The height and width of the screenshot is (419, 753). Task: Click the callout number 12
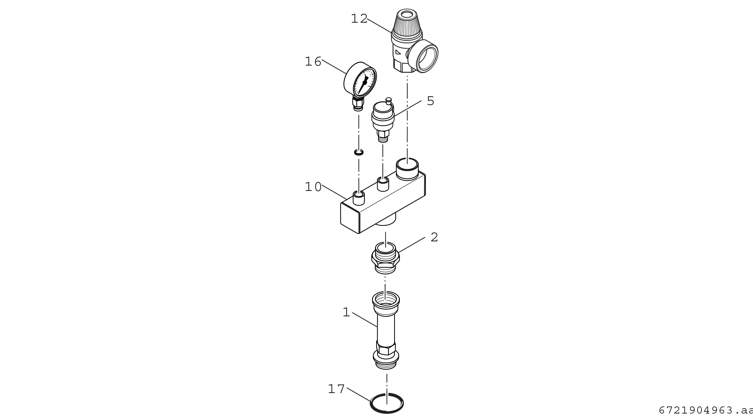coord(359,19)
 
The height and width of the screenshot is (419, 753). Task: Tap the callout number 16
coord(313,62)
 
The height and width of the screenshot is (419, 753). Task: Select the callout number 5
coord(430,101)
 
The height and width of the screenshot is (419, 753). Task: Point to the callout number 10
coord(313,187)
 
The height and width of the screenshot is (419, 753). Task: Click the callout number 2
coord(434,237)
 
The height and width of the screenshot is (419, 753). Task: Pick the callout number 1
coord(346,312)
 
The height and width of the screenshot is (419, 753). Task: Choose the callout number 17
coord(336,389)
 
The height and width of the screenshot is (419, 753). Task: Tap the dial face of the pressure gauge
coord(365,82)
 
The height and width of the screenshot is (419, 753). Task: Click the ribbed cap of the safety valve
coord(407,22)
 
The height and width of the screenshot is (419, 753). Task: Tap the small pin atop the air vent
coord(388,100)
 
